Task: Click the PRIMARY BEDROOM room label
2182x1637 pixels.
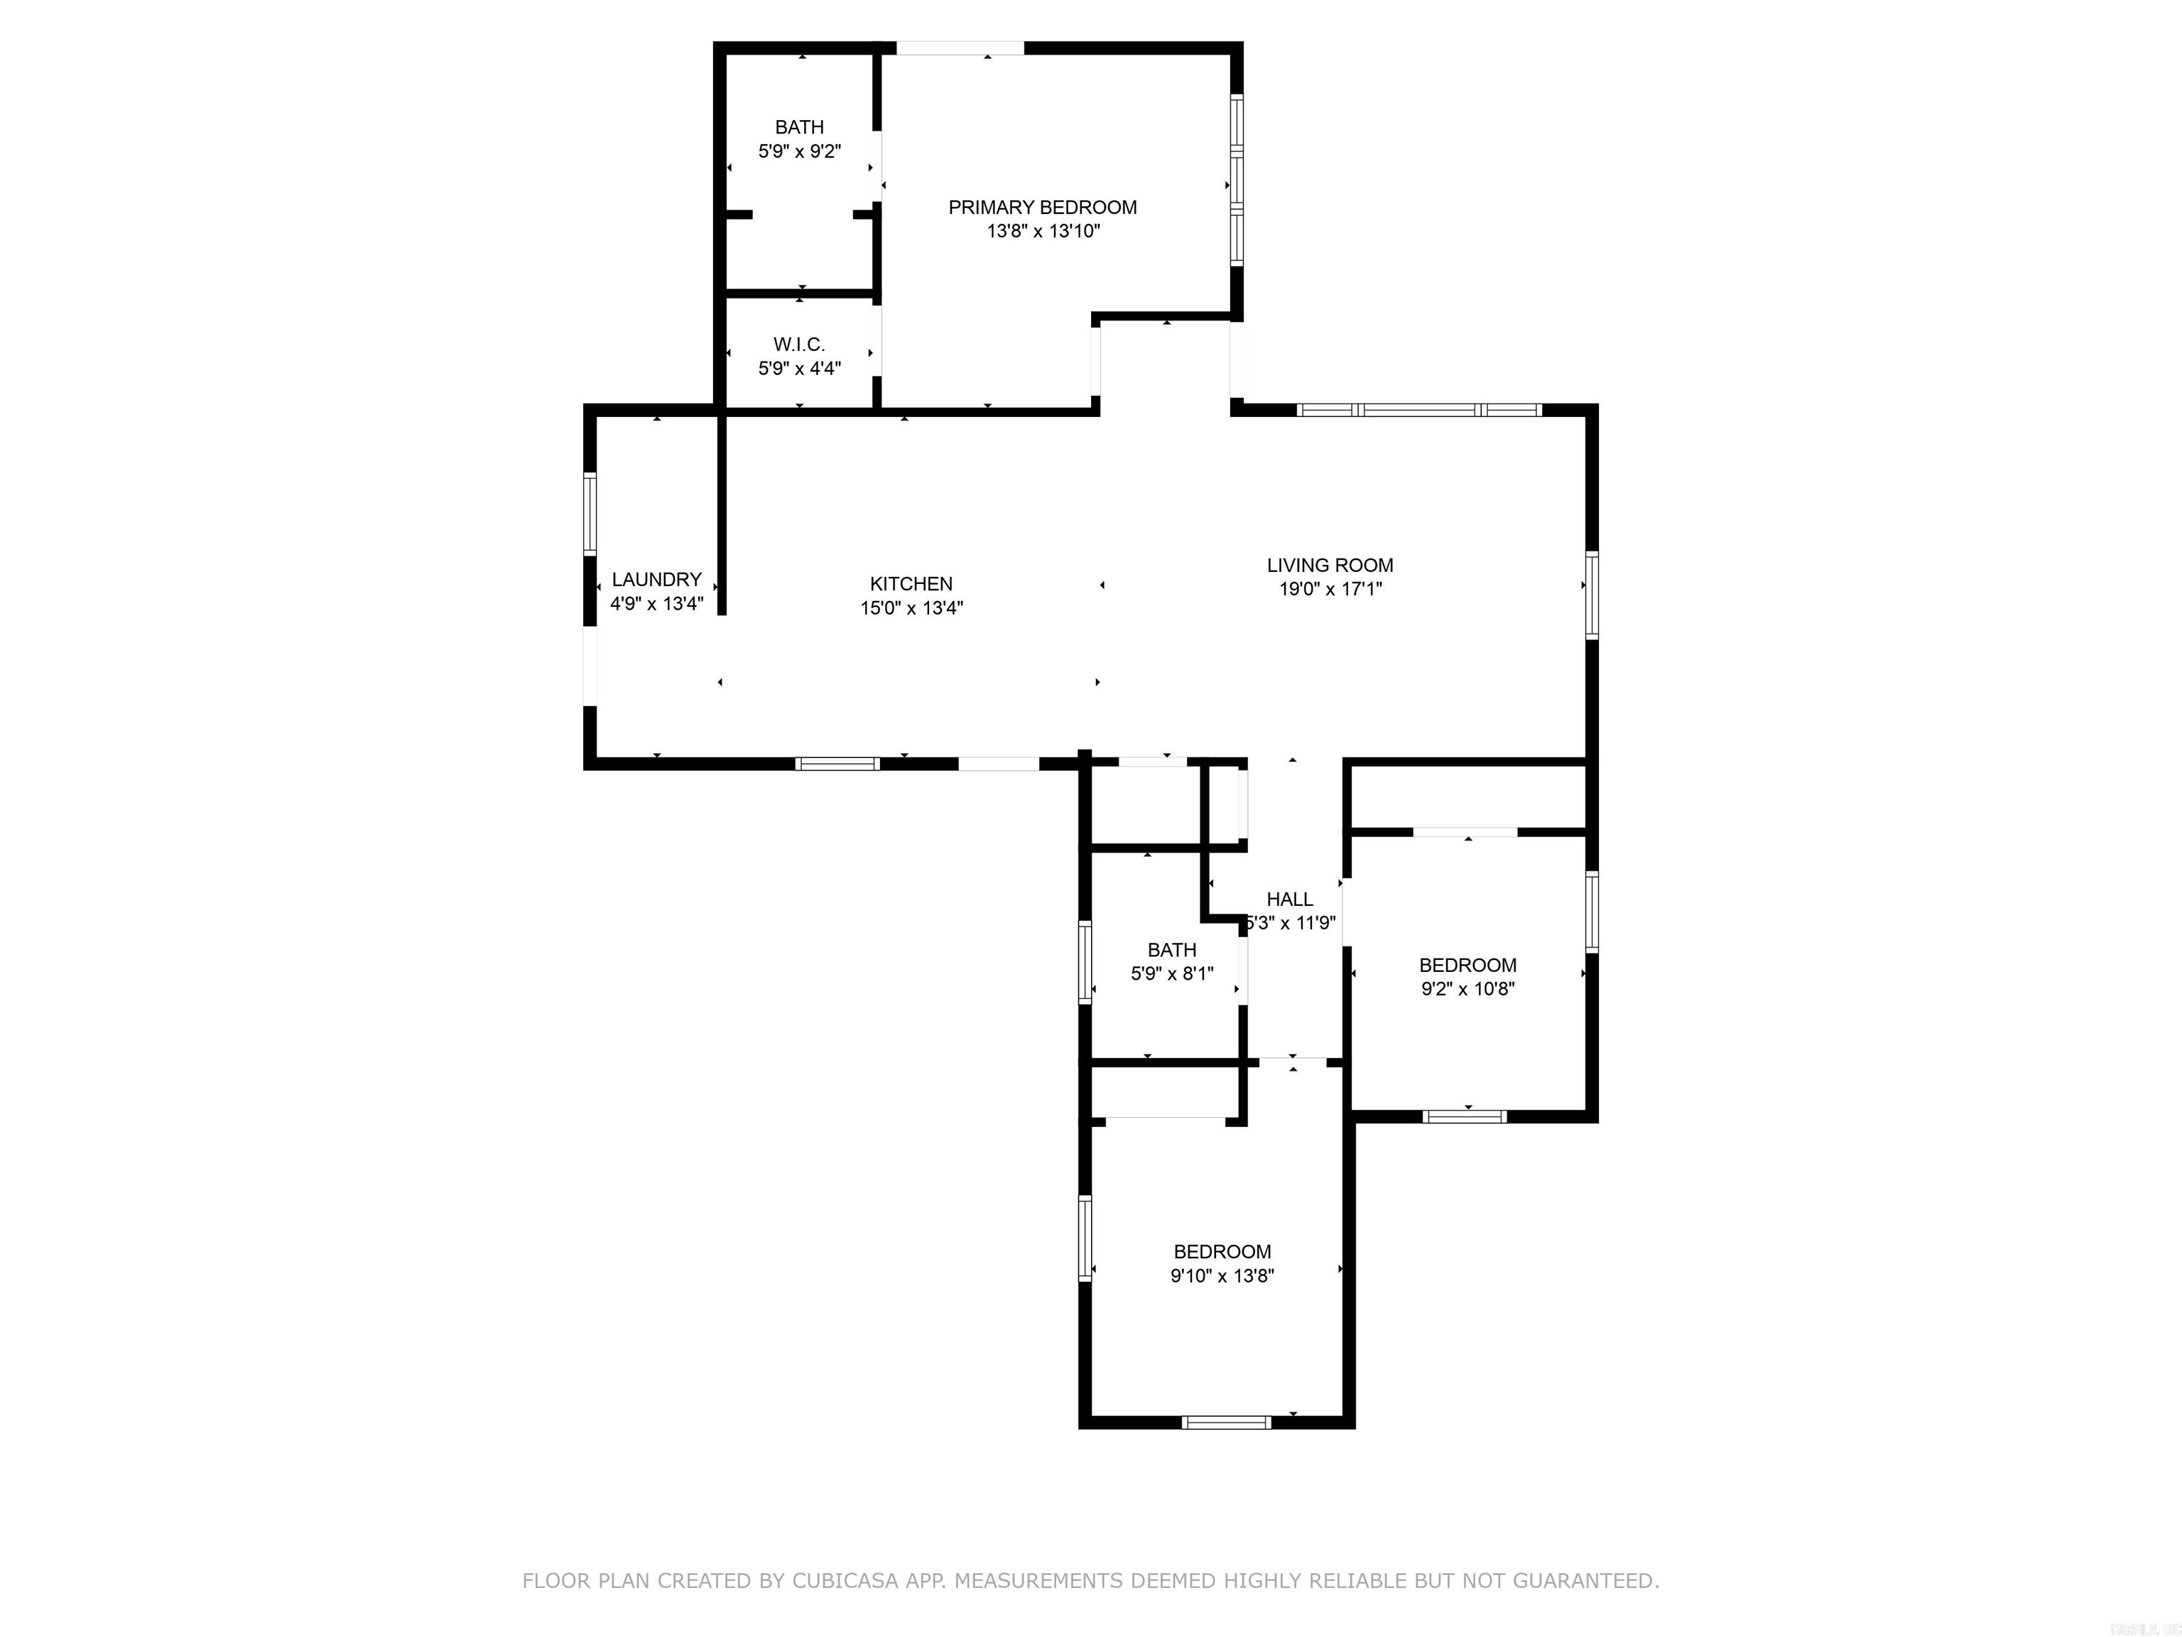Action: [1043, 207]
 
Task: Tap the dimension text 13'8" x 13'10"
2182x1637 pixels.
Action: [1043, 232]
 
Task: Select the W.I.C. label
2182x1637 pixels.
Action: [799, 345]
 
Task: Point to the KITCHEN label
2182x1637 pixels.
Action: [911, 584]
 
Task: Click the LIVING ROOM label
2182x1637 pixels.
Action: [1330, 566]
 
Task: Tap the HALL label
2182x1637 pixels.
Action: [1289, 899]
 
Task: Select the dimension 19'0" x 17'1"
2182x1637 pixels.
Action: [1330, 590]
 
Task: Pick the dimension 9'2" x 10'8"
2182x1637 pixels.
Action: [1467, 990]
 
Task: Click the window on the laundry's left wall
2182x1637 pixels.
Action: [590, 513]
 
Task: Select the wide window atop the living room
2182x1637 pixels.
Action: [1418, 409]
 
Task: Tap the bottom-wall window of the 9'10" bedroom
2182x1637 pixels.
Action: [1226, 1422]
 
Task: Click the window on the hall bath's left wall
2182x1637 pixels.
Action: [1085, 962]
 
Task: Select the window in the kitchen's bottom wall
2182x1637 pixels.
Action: [837, 763]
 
